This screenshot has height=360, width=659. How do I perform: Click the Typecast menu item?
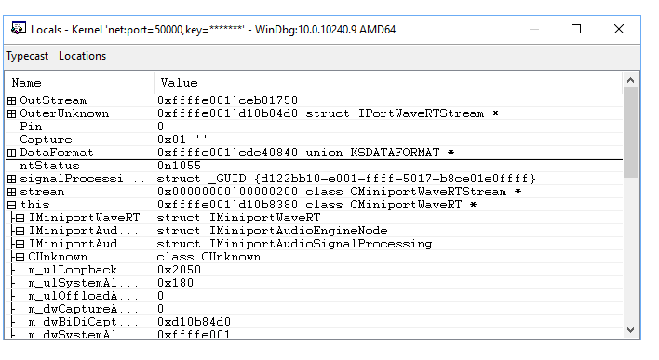[x=27, y=55]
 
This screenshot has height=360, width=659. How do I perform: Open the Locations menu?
[x=82, y=55]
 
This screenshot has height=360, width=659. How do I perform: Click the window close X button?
[x=619, y=29]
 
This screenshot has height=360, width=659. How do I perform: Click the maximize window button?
[x=576, y=29]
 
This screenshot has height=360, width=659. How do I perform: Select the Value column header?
[x=179, y=83]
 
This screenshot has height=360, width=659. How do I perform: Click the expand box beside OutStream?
[x=12, y=100]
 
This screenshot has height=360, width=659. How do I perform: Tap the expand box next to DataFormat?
[x=12, y=153]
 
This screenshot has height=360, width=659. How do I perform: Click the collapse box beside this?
[x=12, y=205]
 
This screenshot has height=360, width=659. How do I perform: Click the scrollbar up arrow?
[x=631, y=81]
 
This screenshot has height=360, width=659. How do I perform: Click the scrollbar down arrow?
[x=631, y=330]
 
